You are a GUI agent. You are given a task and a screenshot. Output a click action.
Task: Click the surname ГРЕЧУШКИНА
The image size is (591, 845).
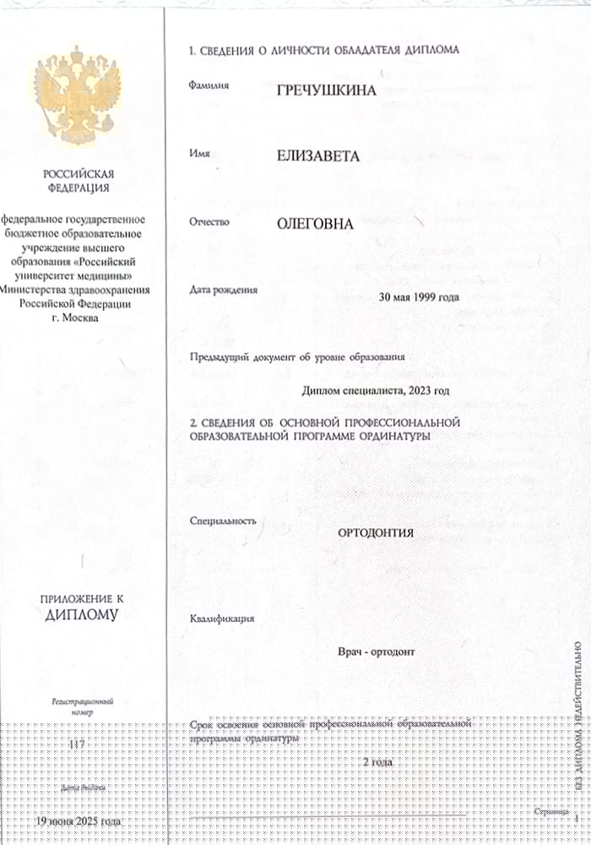point(327,90)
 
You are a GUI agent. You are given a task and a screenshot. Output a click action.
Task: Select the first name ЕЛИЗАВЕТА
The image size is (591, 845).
point(317,156)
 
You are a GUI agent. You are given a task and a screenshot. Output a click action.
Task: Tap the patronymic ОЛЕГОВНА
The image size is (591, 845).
point(315,224)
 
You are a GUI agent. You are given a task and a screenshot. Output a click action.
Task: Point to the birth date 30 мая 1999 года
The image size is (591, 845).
point(420,297)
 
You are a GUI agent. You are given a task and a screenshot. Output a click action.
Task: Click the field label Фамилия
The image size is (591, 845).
point(210,85)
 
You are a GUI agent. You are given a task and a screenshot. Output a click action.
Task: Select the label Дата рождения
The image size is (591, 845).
point(225,290)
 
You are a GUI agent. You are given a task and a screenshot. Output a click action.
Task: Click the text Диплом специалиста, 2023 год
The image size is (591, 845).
point(375,390)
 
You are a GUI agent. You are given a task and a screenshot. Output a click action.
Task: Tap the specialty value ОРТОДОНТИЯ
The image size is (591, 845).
point(376,532)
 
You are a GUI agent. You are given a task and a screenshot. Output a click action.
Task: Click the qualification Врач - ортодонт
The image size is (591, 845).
point(376,652)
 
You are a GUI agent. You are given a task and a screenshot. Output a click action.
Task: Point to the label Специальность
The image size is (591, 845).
point(224,521)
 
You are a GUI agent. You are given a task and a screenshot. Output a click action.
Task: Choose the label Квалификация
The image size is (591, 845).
point(223,619)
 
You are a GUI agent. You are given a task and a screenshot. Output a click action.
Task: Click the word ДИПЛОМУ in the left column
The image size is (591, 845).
point(82,614)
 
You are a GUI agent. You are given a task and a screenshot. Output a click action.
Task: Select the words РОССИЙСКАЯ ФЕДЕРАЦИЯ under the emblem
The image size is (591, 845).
point(77,181)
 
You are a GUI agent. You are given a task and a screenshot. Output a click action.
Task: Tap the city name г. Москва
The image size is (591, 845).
point(74,318)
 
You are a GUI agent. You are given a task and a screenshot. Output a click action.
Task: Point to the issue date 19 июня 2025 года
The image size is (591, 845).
point(78,821)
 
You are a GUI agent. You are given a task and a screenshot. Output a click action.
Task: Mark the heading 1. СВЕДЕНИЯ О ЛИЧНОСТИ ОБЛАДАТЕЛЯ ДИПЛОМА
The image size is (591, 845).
point(325,50)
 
